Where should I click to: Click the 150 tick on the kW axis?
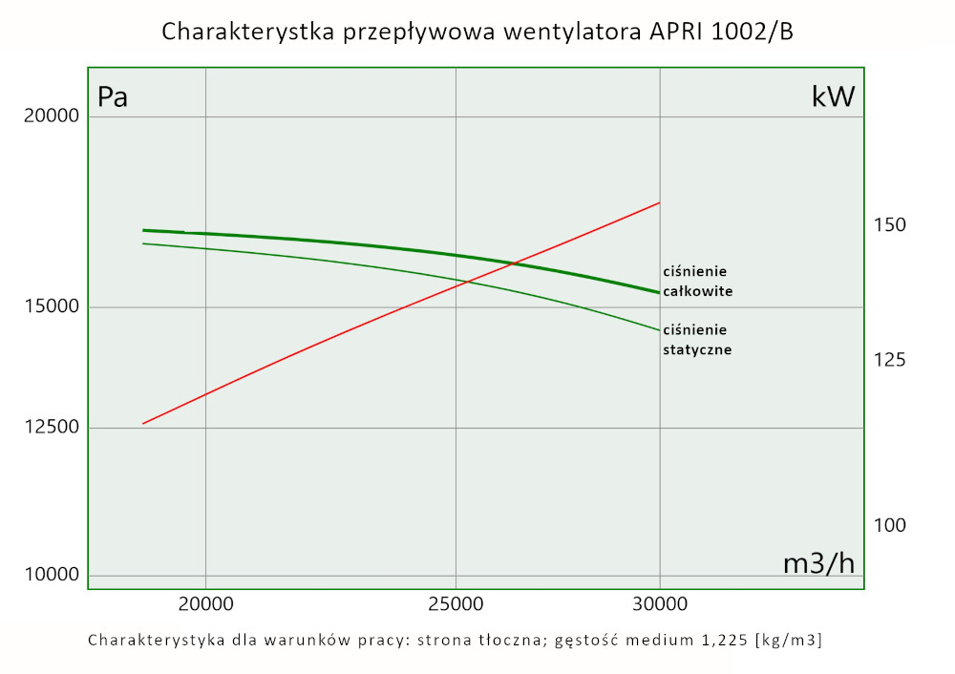(890, 225)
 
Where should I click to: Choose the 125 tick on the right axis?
(890, 360)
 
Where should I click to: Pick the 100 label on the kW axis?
(890, 525)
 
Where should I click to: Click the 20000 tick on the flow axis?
(205, 603)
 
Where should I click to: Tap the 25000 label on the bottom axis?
(456, 603)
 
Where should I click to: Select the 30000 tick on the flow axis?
(660, 603)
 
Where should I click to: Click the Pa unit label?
(113, 97)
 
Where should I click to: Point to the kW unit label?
(833, 97)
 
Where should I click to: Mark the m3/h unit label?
(818, 563)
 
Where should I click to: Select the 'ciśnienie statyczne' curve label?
(697, 340)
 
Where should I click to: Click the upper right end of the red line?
(659, 203)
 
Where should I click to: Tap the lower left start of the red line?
(143, 423)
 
